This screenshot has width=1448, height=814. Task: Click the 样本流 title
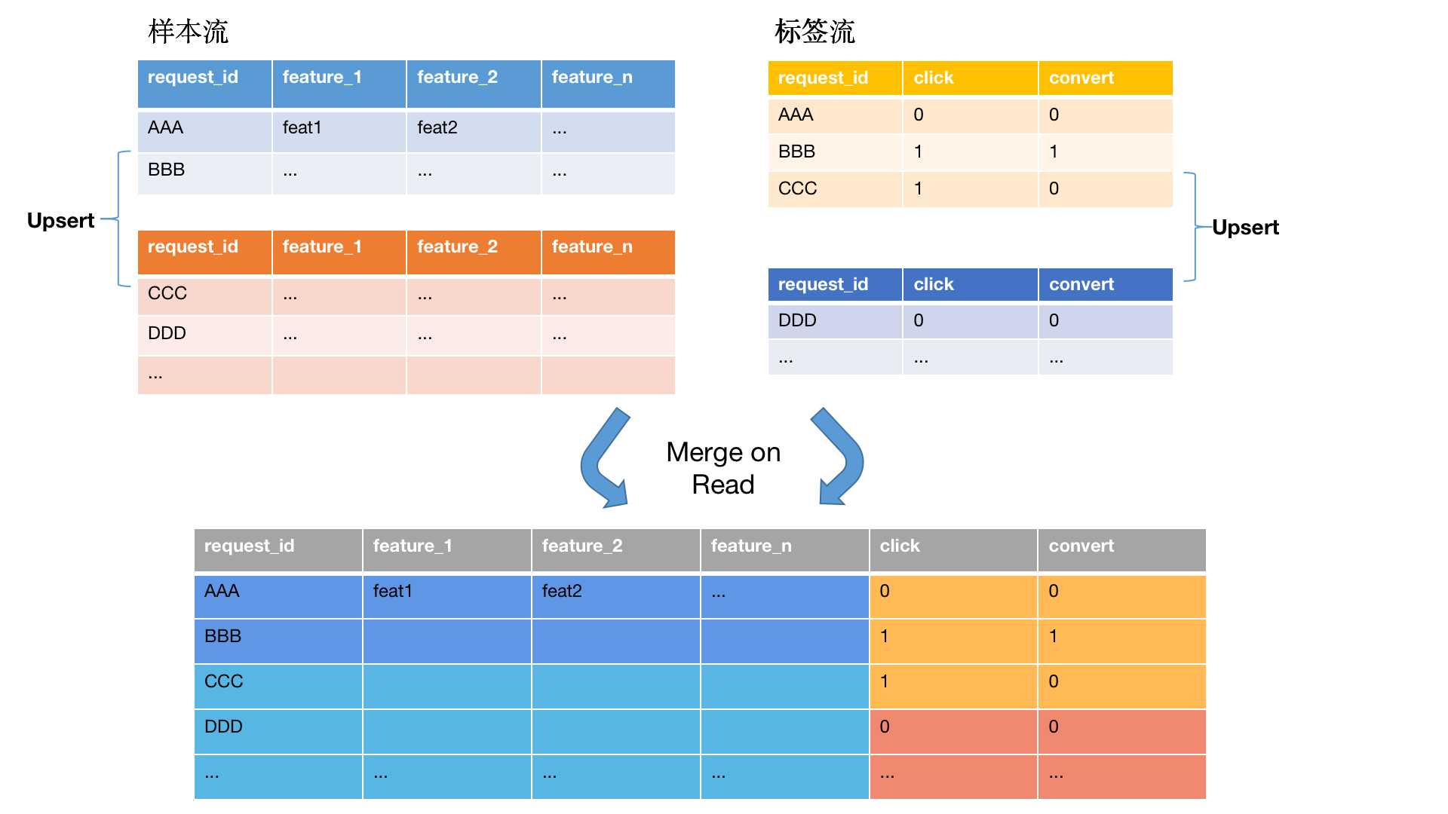(188, 32)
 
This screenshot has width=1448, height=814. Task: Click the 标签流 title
(814, 32)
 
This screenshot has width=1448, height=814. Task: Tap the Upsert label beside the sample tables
(61, 221)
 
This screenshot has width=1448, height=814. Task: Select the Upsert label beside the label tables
(1245, 228)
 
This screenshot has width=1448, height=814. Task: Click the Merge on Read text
(723, 468)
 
